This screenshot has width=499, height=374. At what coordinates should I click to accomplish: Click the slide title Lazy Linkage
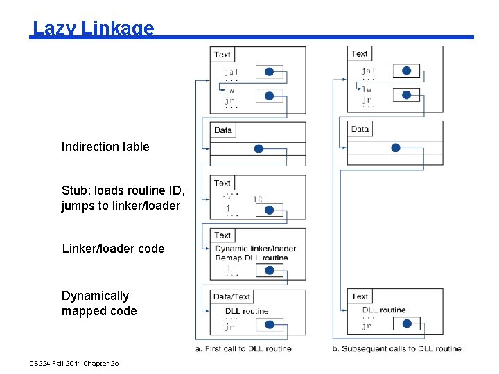click(94, 28)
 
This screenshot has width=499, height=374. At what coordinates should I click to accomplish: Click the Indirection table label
click(105, 147)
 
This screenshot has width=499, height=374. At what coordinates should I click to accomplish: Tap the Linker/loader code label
click(114, 249)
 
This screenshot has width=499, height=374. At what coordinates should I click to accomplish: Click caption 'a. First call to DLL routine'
click(243, 348)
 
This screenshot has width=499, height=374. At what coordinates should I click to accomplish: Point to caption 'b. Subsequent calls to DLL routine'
click(396, 348)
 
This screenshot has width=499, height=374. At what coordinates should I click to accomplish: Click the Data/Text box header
click(231, 296)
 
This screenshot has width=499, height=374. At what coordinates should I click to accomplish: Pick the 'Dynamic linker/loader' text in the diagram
click(255, 249)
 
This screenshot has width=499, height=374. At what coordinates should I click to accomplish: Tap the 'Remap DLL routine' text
click(251, 258)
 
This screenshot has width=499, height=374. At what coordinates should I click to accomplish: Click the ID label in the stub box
click(258, 199)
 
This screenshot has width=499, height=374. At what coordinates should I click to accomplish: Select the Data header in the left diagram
click(223, 130)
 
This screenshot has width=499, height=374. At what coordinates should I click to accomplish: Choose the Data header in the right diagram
click(360, 130)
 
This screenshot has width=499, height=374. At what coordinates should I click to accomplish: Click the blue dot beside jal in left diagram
click(270, 71)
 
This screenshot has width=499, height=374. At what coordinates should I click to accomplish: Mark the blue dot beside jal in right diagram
click(406, 71)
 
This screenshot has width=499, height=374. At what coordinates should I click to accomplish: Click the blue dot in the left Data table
click(259, 148)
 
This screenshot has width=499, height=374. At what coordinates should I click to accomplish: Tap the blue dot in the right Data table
click(395, 148)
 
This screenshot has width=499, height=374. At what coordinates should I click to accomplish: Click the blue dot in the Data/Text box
click(270, 324)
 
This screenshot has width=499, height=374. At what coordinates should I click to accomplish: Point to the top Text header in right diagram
click(360, 54)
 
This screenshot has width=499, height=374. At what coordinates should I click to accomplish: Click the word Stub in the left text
click(74, 190)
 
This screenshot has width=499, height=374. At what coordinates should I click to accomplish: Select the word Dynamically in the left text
click(95, 296)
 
